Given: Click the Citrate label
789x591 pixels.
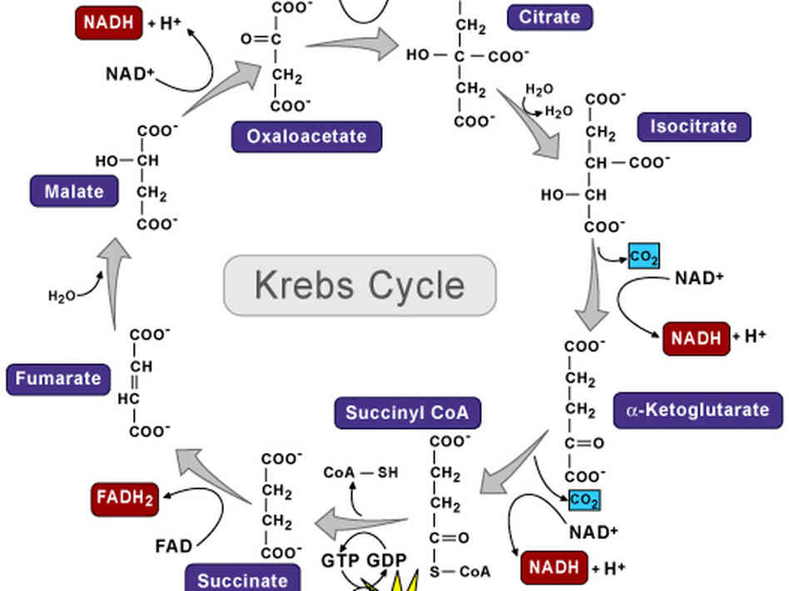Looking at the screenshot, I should tap(549, 16).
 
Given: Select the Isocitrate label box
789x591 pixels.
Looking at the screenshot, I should tap(693, 127).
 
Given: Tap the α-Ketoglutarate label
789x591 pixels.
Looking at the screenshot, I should tap(697, 411).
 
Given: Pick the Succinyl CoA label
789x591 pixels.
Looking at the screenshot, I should tap(407, 412).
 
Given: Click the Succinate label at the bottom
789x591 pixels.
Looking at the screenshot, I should tap(242, 579).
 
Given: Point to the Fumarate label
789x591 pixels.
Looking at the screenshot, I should tap(58, 379).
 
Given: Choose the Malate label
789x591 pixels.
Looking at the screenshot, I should tap(74, 191).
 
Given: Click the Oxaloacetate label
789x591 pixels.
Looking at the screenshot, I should tap(306, 136).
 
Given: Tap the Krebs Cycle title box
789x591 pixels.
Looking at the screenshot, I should tap(360, 285).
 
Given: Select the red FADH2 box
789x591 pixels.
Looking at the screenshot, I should tap(124, 499).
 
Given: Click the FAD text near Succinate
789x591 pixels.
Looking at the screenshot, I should tap(174, 546).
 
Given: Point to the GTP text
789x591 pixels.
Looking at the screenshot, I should tap(340, 559).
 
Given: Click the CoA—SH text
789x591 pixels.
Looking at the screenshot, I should tap(360, 473).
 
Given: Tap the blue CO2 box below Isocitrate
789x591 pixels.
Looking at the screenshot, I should tap(643, 258).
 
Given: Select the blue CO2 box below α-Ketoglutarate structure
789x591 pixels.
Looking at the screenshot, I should tap(584, 500).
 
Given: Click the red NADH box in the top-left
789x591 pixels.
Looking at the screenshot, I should tap(108, 22).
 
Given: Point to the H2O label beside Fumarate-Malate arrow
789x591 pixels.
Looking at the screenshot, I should tap(62, 295).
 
